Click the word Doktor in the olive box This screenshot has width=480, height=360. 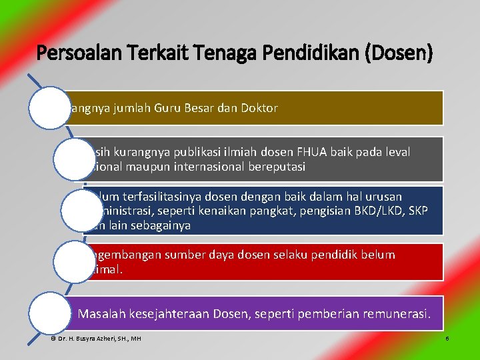click(x=259, y=108)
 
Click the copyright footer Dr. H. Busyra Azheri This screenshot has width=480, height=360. click(x=96, y=339)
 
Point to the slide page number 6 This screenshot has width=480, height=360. click(x=447, y=339)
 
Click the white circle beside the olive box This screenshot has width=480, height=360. click(x=49, y=108)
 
